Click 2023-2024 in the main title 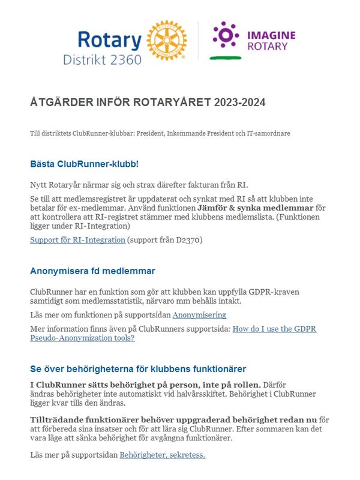238,103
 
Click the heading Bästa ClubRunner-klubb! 84,164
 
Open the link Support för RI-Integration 77,240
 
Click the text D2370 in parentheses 189,240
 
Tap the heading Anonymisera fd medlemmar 92,271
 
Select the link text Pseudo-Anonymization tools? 82,338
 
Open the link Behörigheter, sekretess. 163,455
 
